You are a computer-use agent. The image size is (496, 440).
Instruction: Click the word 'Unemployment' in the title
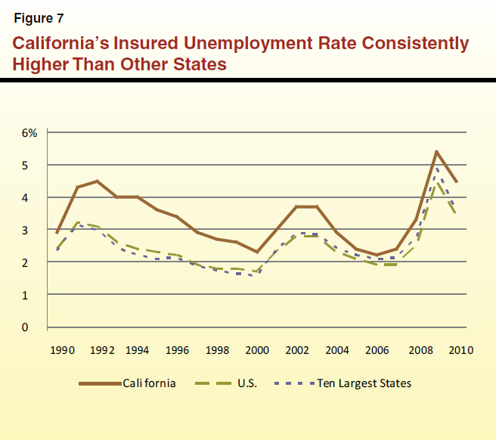coord(247,44)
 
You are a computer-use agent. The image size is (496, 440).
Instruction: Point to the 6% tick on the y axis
coord(29,132)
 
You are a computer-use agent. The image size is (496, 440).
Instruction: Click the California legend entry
coord(150,383)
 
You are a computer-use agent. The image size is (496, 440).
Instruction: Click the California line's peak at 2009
coord(436,151)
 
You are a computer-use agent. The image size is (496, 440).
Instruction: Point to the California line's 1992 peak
coord(97,181)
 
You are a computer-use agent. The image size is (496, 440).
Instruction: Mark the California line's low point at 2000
coord(258,253)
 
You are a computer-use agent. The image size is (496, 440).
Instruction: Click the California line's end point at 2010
coord(457,182)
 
